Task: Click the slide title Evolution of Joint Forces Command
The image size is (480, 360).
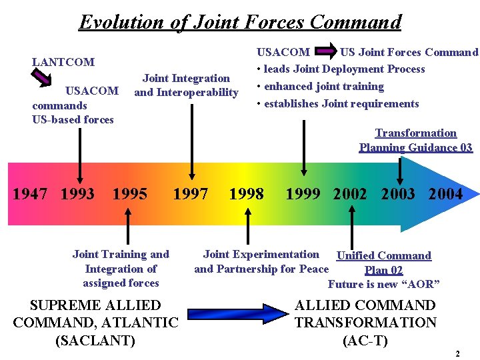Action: (240, 21)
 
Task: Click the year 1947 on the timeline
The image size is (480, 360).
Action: (31, 194)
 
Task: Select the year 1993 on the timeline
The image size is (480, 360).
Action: (77, 194)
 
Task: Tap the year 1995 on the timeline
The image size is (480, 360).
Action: (130, 194)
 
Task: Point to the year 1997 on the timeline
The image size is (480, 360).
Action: (191, 194)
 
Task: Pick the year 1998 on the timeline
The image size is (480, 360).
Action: (246, 194)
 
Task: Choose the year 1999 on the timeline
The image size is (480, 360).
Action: (303, 194)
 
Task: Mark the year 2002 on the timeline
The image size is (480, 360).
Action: (350, 194)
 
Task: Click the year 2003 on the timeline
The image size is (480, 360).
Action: (398, 194)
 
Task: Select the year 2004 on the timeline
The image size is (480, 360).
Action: (445, 194)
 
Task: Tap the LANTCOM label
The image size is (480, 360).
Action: (63, 62)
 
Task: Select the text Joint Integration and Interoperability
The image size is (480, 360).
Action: (186, 85)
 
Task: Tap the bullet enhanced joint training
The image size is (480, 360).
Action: (324, 87)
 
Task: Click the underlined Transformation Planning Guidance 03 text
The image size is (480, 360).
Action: (416, 141)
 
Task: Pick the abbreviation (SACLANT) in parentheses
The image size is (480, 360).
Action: (95, 341)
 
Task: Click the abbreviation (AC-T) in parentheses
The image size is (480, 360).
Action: (365, 341)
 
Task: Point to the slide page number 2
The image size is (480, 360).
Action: (457, 354)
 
